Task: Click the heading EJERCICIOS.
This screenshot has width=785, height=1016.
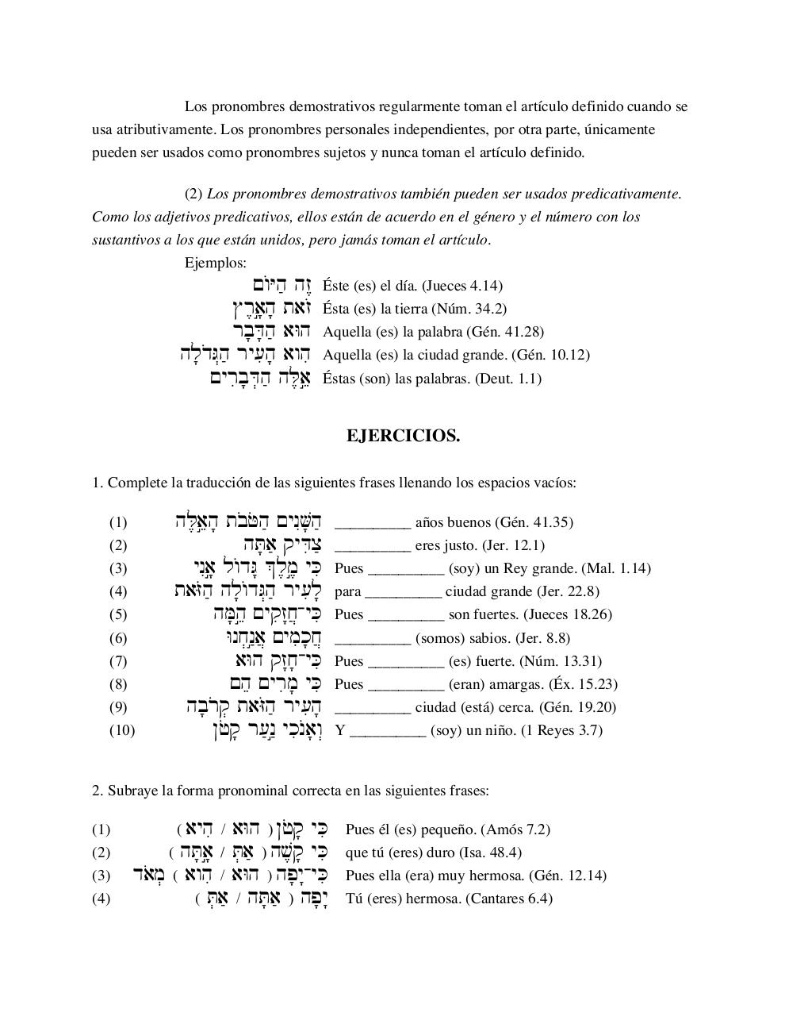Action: [403, 436]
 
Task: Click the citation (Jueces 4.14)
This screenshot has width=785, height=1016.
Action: [462, 286]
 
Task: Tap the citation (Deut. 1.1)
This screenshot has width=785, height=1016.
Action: [508, 379]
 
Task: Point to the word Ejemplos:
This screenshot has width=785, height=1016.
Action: [216, 263]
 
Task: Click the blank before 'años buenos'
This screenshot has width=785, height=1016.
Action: [373, 524]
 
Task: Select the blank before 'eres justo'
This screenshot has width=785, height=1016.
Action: [373, 547]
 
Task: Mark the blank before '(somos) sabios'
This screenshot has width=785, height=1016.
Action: [373, 640]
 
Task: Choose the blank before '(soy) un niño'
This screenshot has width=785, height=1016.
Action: [388, 732]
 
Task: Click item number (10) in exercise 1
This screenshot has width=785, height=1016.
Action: [122, 730]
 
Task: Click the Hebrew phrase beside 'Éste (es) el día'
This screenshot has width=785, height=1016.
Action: [283, 285]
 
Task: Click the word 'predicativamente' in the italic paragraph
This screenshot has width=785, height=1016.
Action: [630, 194]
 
